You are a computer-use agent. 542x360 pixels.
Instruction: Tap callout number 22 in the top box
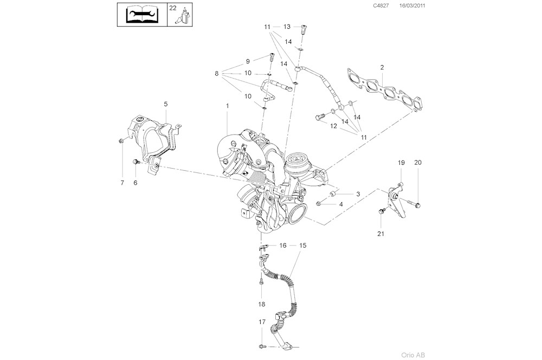172,8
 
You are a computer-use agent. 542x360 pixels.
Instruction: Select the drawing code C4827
380,6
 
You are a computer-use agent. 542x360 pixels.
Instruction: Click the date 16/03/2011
412,6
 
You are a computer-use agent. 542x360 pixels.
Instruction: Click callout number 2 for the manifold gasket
382,67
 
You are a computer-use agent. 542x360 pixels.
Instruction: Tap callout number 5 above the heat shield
166,103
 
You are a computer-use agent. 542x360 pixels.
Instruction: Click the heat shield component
152,138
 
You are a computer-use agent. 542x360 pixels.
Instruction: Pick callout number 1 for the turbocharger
228,105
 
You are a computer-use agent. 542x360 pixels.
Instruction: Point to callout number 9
248,61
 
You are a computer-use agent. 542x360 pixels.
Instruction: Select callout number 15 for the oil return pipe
303,246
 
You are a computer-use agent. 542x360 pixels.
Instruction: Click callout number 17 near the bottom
262,322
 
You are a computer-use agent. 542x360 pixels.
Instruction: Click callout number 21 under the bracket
379,234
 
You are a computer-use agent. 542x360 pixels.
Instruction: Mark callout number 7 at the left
122,183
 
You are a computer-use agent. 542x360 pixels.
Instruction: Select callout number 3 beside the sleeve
357,194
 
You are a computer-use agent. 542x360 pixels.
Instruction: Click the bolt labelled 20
418,204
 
